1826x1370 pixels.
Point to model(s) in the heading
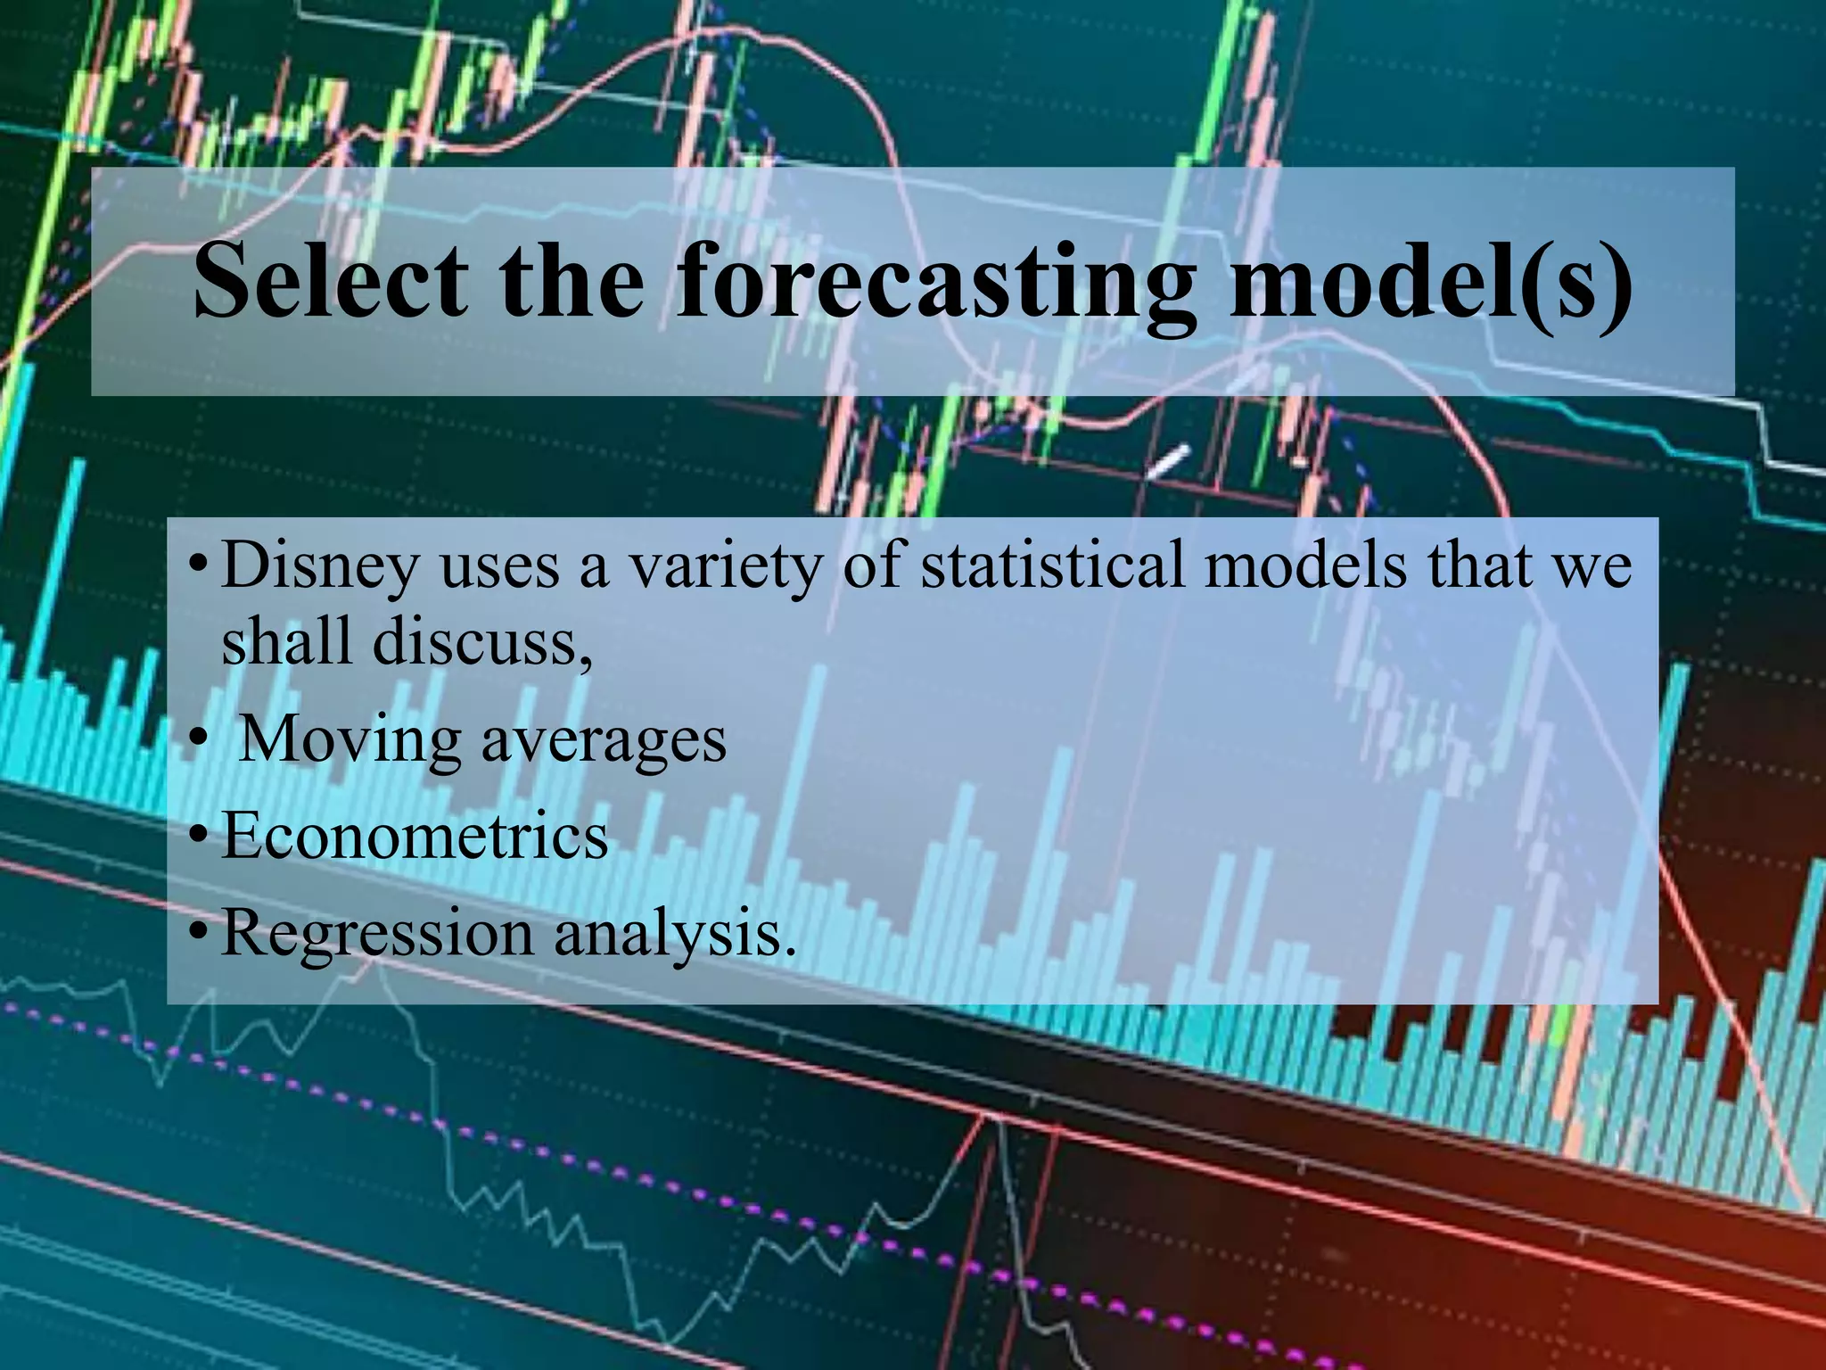point(1427,279)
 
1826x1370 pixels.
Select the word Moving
point(351,739)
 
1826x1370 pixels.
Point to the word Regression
point(378,935)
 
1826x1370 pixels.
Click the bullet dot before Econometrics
point(198,838)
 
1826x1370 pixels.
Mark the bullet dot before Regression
point(198,935)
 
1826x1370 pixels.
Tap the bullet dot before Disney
point(198,566)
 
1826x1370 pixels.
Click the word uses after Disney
point(499,571)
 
